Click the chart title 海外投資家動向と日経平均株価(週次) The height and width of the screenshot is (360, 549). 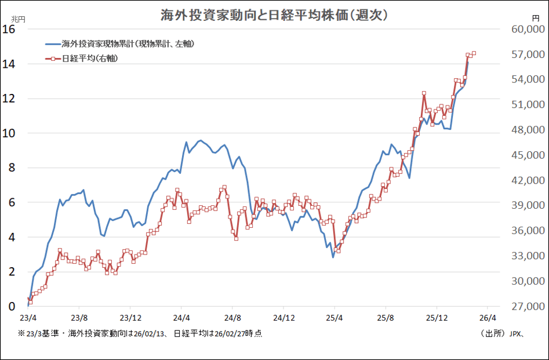274,14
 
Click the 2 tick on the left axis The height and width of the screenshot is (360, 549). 11,272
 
